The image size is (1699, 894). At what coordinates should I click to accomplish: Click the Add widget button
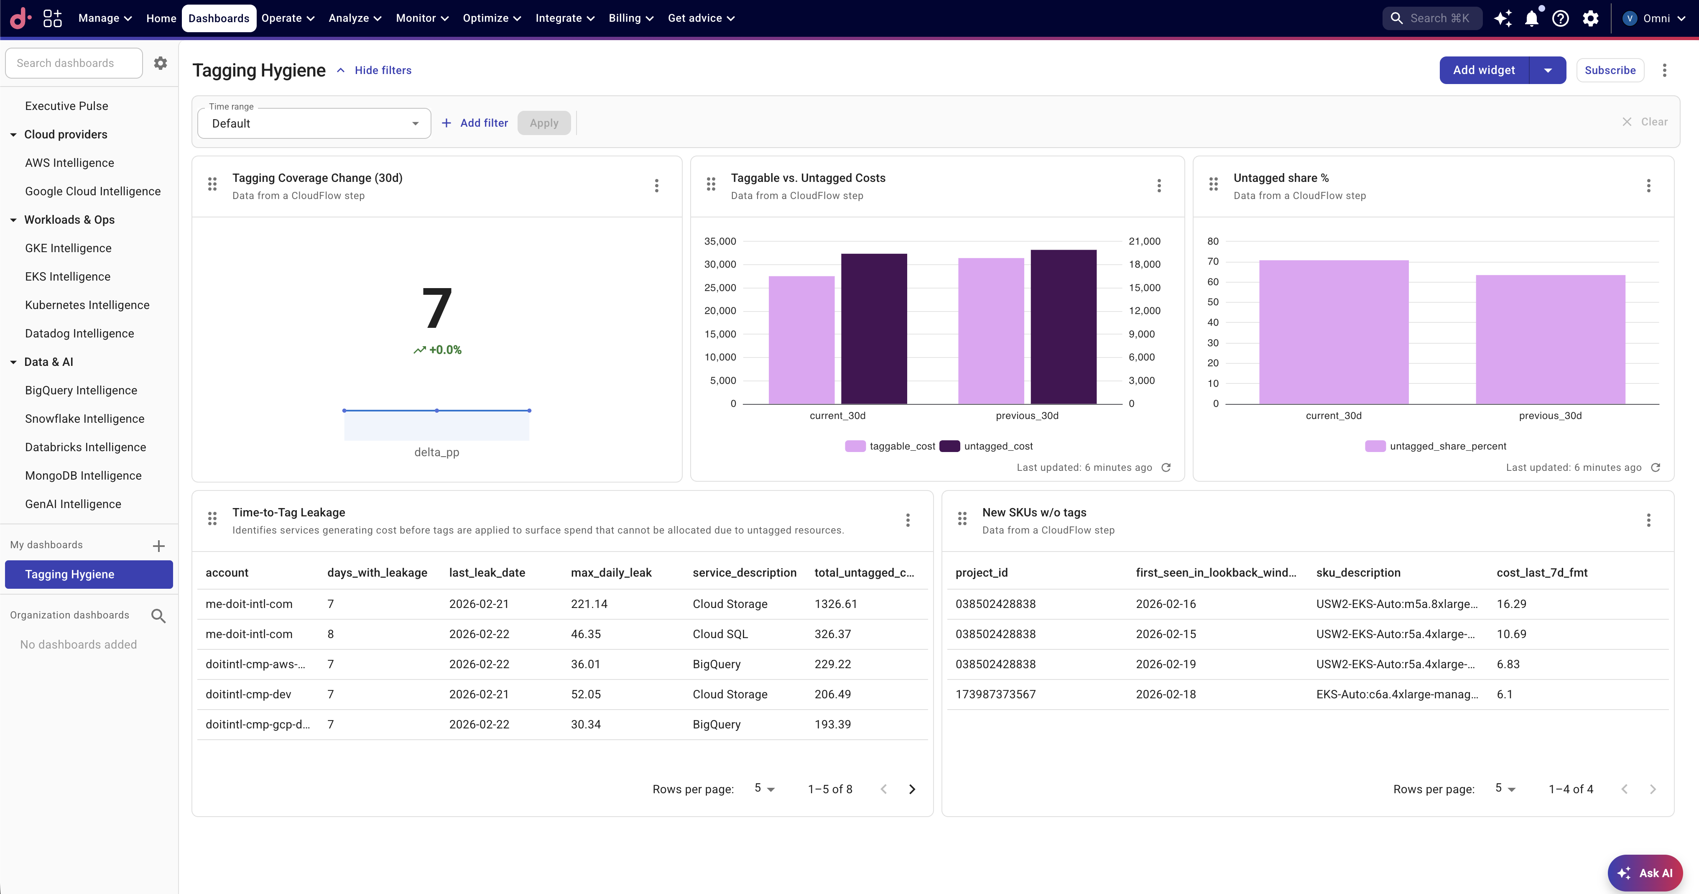tap(1483, 70)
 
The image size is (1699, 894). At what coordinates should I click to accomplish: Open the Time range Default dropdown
tap(314, 123)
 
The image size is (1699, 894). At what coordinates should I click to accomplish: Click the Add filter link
tap(475, 123)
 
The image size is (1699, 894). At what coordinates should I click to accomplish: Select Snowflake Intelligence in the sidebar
tap(84, 418)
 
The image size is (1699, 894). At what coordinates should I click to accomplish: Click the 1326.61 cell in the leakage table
tap(836, 604)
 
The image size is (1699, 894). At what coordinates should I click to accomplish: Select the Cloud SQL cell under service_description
tap(719, 634)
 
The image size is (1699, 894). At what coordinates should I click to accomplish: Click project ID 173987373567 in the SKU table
tap(995, 694)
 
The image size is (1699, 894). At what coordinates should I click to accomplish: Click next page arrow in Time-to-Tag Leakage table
tap(911, 789)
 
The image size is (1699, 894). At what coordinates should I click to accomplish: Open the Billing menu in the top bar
tap(630, 18)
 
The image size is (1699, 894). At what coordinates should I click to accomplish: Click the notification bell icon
tap(1531, 18)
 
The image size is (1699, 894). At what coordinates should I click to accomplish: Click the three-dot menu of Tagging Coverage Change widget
tap(656, 185)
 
